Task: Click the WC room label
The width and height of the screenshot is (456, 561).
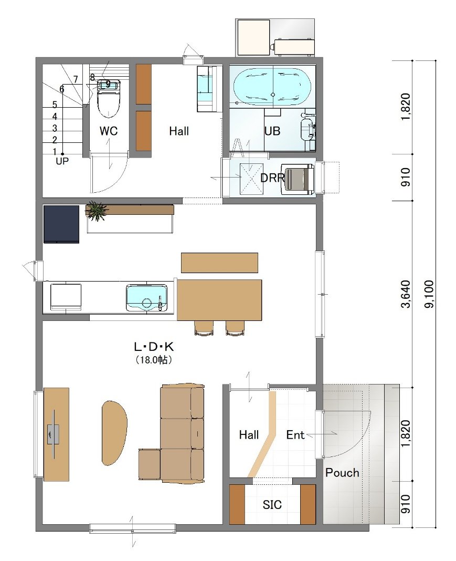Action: pos(108,131)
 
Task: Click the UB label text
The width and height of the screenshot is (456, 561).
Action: pos(272,131)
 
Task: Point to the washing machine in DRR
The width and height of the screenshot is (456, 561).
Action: pos(298,179)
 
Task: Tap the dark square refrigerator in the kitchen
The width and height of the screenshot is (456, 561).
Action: pos(61,224)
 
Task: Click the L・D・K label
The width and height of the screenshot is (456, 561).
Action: pos(154,346)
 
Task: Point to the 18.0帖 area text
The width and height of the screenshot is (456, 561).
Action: pos(154,360)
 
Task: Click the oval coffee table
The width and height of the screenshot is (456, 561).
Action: pos(114,432)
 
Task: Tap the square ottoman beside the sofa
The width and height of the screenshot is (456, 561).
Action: pos(150,464)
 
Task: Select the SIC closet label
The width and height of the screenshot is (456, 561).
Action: pos(272,505)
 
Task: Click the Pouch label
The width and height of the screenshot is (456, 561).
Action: pos(342,473)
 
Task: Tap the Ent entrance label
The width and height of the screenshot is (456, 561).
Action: pos(295,435)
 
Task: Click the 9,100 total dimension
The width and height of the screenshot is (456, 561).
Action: pos(429,294)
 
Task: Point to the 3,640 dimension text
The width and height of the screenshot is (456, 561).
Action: pos(406,294)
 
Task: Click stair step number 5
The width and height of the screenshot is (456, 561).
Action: pos(55,105)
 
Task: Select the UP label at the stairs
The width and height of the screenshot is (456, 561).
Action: pos(62,161)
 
